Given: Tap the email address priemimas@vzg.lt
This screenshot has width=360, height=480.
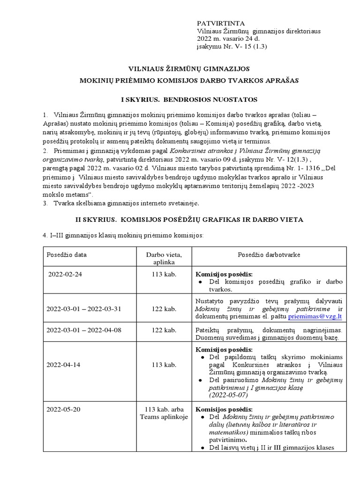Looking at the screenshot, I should tap(315, 316).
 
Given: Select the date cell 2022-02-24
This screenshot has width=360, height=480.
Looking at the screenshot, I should tap(65, 275).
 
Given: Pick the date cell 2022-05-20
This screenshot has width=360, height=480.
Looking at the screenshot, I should tap(64, 409).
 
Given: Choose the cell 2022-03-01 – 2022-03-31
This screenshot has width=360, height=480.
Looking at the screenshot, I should tap(84, 308).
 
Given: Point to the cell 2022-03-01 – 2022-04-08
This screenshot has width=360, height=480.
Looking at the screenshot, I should tap(84, 330).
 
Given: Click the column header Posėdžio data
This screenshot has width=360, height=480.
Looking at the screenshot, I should tap(67, 255).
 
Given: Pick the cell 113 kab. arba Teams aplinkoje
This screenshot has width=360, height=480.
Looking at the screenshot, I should tap(160, 413).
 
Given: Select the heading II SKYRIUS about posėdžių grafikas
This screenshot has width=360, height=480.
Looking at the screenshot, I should tap(189, 219).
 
